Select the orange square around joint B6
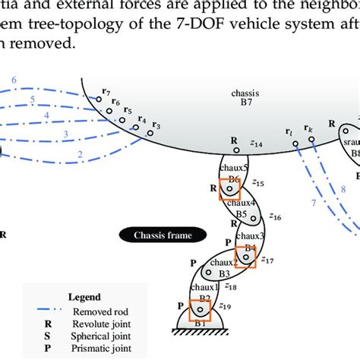(230, 188)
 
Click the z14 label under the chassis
(256, 144)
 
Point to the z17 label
(267, 260)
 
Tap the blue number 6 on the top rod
(14, 79)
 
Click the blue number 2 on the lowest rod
(80, 154)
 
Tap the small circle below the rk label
(311, 139)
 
